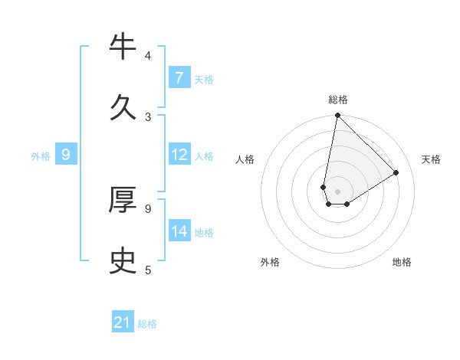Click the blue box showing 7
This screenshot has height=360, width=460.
pos(179,78)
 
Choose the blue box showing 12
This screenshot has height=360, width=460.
pos(179,155)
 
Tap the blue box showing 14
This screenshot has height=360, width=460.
pos(179,231)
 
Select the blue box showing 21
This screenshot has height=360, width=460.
pos(123,322)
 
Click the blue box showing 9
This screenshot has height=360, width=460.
pos(66,155)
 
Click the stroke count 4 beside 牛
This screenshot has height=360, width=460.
pos(148,56)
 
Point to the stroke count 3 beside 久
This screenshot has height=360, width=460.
pos(148,117)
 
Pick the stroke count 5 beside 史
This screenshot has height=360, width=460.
pos(148,269)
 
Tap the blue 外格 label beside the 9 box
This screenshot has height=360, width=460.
pos(41,156)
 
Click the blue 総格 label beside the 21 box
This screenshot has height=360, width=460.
pos(147,324)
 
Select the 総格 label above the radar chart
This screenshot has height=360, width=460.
pos(338,100)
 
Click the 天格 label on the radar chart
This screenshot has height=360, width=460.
pos(431,159)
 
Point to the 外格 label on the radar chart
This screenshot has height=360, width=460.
pos(270,262)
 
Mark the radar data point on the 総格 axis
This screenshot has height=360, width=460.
pos(337,116)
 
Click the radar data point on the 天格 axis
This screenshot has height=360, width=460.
pos(396,173)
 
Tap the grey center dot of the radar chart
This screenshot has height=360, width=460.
pos(337,191)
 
